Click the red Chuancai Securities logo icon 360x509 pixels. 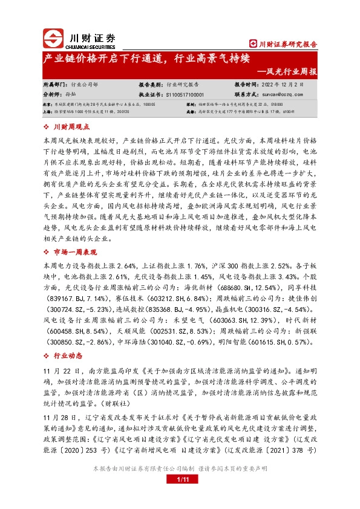[53, 38]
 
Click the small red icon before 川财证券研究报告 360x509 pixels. [254, 44]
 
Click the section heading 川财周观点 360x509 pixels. [71, 127]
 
